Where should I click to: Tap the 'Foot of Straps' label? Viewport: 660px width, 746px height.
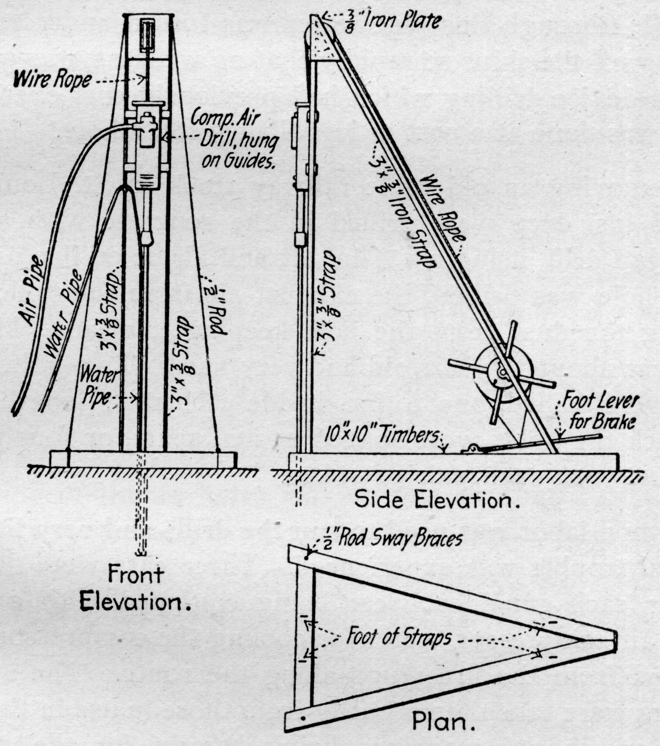coord(399,637)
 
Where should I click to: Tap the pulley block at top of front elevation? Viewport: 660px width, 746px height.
coord(148,37)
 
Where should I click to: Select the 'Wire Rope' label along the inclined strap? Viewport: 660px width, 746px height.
coord(443,208)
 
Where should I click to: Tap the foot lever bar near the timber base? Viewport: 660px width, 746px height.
coord(540,443)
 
